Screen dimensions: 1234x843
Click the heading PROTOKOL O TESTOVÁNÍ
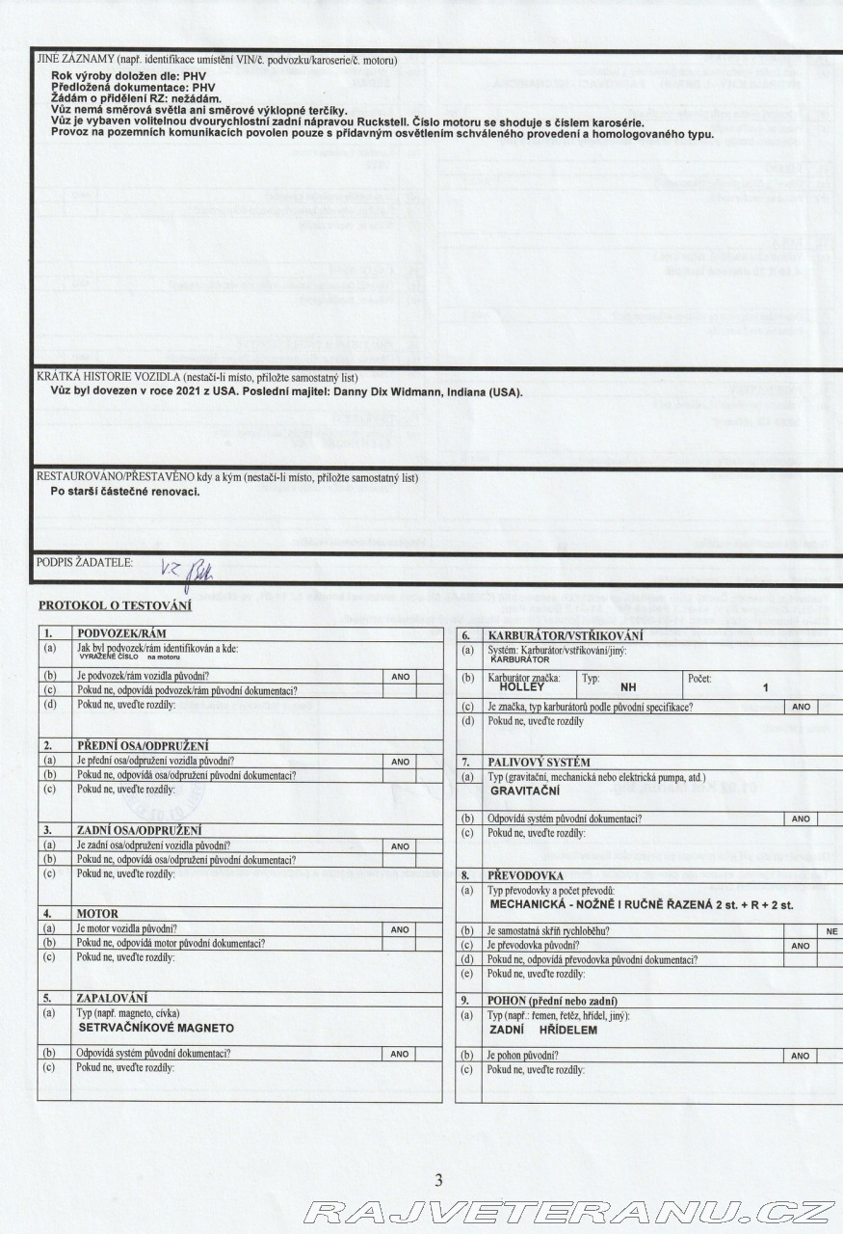point(115,605)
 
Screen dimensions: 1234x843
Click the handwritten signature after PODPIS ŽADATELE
point(189,568)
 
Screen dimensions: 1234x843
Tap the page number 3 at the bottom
point(438,1180)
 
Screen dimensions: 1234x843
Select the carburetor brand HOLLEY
point(523,686)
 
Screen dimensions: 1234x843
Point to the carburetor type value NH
point(629,687)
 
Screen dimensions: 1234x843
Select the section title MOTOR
point(97,913)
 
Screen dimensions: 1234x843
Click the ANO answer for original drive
point(800,1056)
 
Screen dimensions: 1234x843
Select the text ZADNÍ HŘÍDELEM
point(543,1030)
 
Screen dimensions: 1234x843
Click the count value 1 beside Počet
point(765,687)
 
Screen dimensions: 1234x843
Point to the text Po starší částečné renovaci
point(125,492)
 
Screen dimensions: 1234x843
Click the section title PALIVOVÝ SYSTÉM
point(539,762)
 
